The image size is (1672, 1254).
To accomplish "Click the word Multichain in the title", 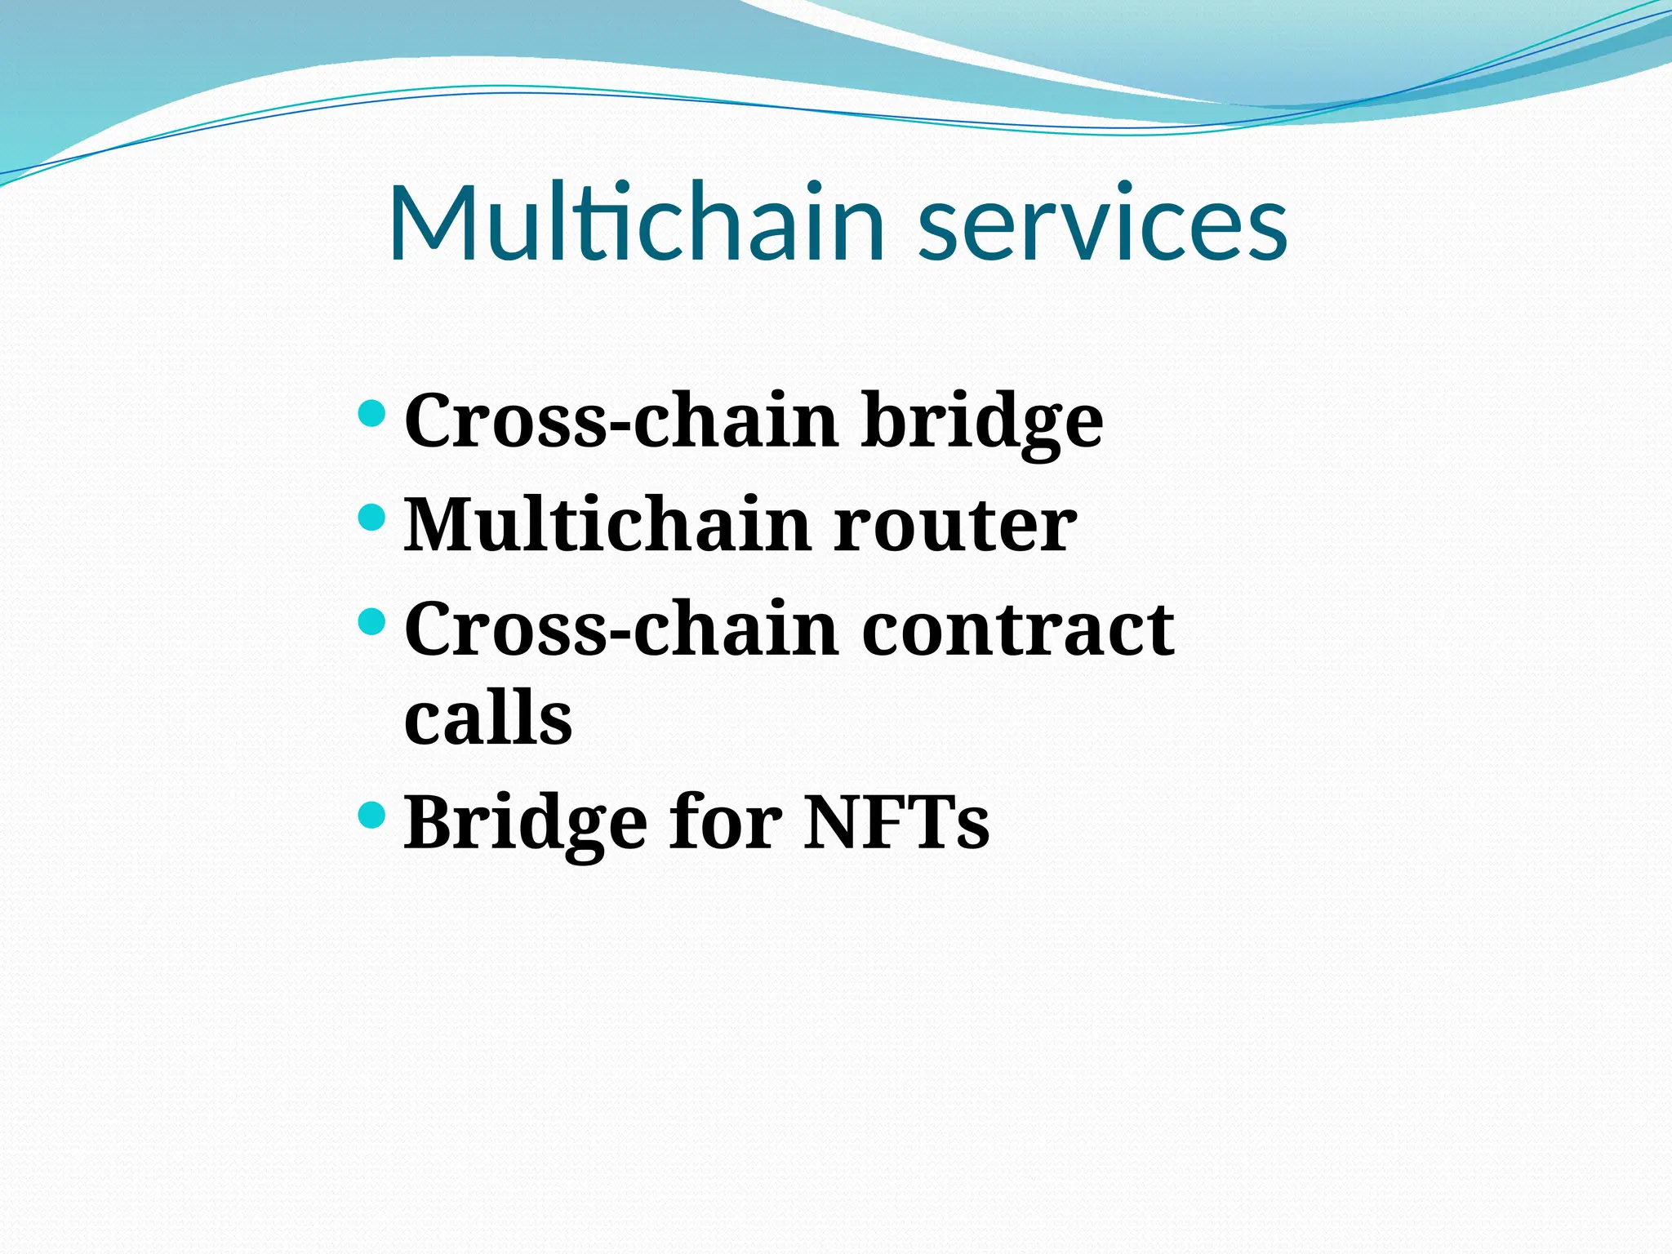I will pos(637,223).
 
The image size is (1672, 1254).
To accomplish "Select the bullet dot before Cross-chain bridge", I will pos(371,413).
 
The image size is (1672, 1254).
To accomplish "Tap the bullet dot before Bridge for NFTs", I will pos(371,815).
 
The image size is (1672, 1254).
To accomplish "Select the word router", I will pos(955,525).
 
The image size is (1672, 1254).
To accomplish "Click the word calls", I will pos(488,718).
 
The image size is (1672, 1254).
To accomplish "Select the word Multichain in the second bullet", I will pos(607,525).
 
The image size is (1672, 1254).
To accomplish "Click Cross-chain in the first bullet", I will pos(621,420).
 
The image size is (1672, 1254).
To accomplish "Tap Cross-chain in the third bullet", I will pos(621,629).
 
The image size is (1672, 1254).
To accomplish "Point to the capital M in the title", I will pos(434,223).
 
